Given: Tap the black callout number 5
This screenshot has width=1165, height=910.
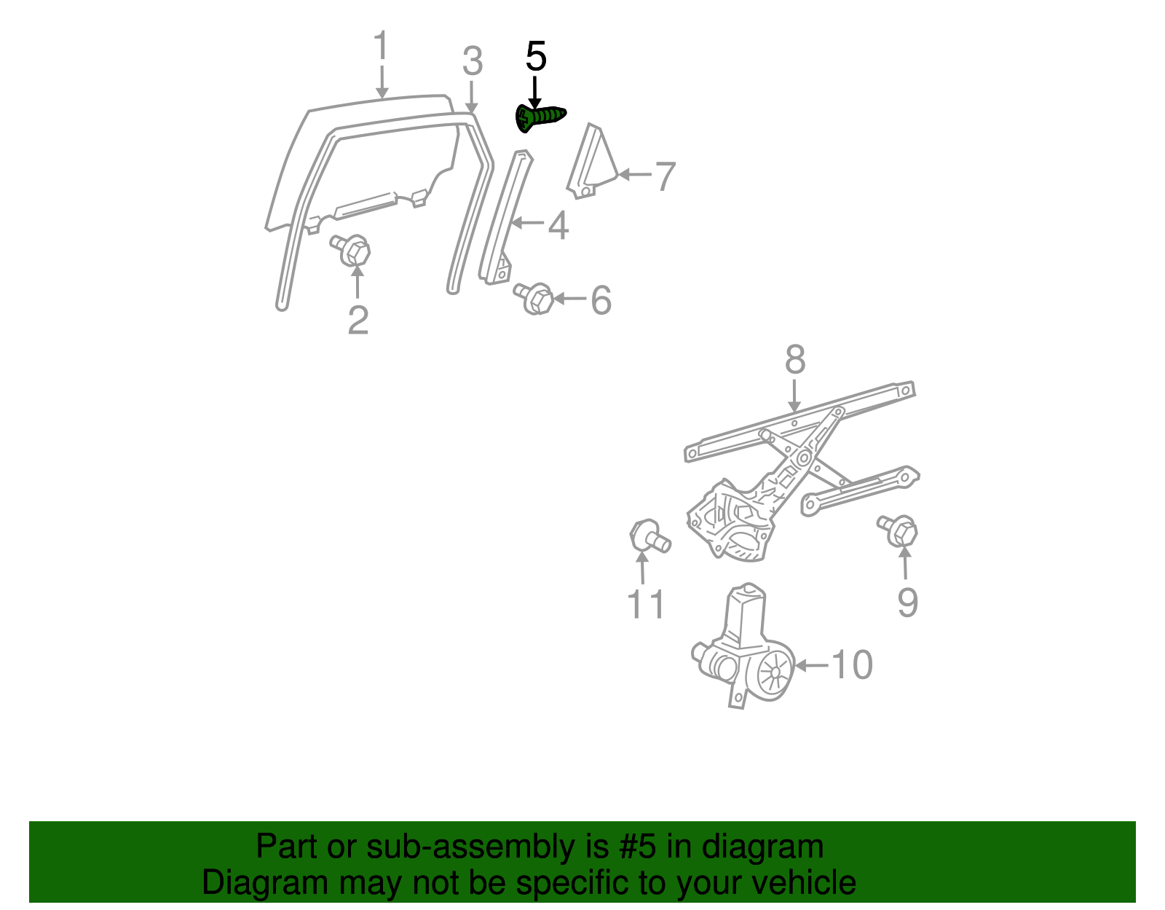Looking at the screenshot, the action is [x=536, y=56].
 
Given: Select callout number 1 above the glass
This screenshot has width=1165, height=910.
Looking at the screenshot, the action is [x=381, y=45].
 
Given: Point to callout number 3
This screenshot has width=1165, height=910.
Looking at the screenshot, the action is [x=473, y=61].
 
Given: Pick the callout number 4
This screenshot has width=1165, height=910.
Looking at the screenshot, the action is [x=558, y=226].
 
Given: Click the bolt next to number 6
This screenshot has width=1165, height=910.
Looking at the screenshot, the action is [x=534, y=298].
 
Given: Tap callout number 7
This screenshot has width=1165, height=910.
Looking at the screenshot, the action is [x=666, y=176].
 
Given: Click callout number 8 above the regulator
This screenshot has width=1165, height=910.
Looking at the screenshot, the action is [x=795, y=359].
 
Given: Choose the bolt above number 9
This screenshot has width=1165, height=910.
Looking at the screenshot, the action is [x=898, y=531].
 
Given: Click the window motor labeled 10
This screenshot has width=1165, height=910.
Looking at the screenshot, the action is [x=743, y=646].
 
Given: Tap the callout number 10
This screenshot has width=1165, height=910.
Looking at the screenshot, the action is [x=851, y=665].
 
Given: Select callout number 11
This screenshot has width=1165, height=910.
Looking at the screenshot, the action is [x=646, y=604].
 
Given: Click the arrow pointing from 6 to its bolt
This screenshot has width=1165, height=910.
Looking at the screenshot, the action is [x=570, y=298].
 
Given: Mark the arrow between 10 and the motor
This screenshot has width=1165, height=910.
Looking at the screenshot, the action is [x=811, y=665].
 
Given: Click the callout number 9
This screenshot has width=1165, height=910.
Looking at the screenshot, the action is [x=908, y=603].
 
